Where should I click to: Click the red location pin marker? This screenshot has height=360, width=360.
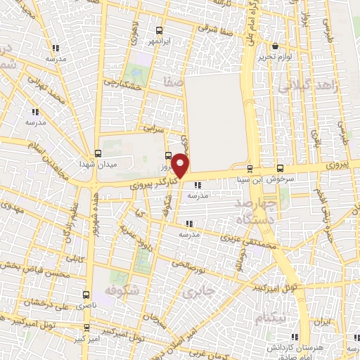click(181, 165)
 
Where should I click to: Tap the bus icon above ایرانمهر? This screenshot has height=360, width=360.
click(160, 30)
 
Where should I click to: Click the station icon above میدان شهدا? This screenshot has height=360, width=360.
click(98, 155)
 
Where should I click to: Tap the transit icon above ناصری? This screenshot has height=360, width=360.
click(86, 295)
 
